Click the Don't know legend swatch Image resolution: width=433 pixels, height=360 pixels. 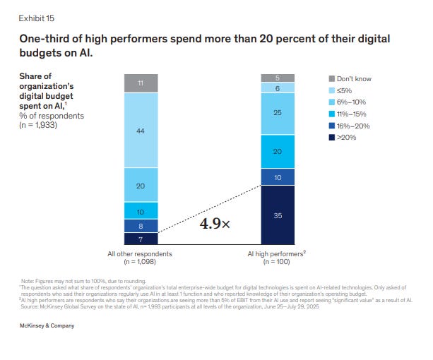coord(332,78)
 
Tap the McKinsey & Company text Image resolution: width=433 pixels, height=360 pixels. coord(47,326)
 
